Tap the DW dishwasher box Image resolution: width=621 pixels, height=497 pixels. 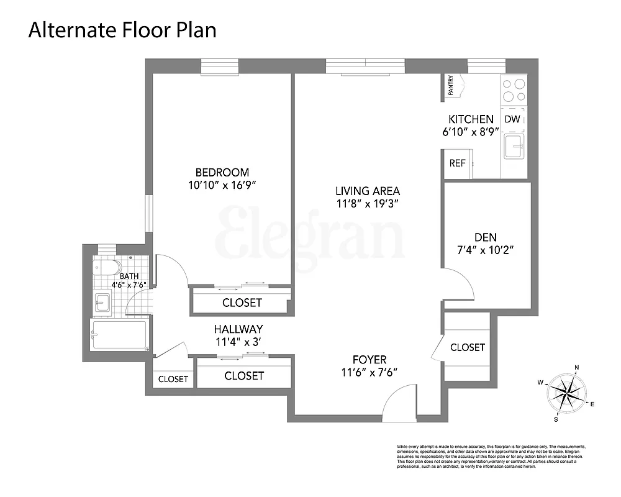click(512, 119)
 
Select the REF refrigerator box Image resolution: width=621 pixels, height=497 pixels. click(457, 163)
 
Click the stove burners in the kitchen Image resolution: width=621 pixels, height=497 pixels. click(514, 90)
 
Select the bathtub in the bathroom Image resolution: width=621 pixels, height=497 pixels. click(119, 335)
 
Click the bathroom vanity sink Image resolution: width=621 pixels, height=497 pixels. click(103, 303)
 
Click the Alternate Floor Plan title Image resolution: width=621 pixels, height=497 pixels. click(122, 29)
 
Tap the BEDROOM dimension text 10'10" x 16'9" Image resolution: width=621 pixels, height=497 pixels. click(222, 185)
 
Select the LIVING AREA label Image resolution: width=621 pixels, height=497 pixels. click(368, 191)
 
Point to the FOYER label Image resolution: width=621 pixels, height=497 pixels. click(369, 360)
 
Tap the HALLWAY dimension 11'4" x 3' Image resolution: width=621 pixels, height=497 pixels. click(238, 341)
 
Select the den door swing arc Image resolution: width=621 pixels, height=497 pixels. click(460, 283)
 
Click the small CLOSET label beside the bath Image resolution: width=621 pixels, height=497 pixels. click(173, 379)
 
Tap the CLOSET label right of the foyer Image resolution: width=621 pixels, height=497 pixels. click(467, 347)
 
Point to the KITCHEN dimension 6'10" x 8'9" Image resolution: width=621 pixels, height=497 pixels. click(470, 131)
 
